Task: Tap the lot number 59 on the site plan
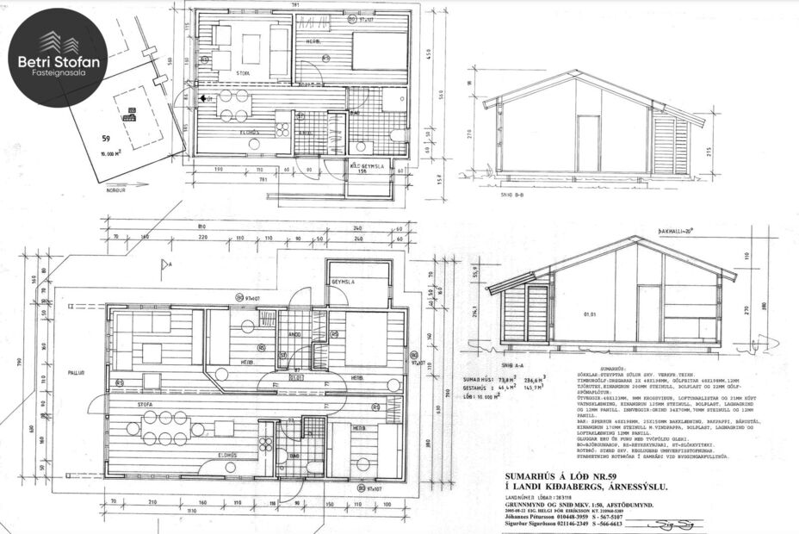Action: click(107, 138)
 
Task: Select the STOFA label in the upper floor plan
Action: click(245, 73)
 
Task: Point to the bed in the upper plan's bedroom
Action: click(380, 52)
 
